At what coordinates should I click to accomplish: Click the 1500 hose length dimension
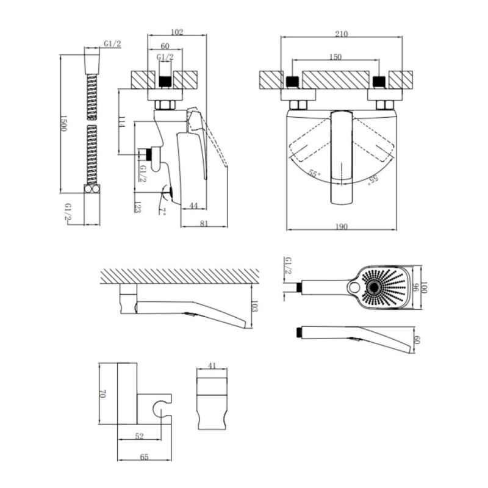[x=63, y=123]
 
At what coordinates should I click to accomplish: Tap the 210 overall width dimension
[x=342, y=34]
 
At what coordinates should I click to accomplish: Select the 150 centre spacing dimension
[x=335, y=57]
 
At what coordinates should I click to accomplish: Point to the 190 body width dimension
[x=342, y=226]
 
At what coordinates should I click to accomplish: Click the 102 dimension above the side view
[x=177, y=32]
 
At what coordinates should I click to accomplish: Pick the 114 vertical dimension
[x=122, y=121]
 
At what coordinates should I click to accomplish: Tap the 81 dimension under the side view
[x=204, y=223]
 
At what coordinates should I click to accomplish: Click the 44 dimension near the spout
[x=193, y=206]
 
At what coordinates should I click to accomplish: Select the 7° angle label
[x=162, y=212]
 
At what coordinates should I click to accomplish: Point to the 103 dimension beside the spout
[x=254, y=306]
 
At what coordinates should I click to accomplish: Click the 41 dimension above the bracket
[x=212, y=365]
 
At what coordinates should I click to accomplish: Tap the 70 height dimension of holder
[x=102, y=393]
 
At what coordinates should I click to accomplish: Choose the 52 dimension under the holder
[x=140, y=436]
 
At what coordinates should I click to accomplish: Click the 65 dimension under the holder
[x=144, y=457]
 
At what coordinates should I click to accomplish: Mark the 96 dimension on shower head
[x=414, y=287]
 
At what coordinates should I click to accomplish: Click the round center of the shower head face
[x=374, y=288]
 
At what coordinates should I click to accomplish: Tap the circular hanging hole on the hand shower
[x=354, y=287]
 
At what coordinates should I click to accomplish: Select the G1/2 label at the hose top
[x=112, y=43]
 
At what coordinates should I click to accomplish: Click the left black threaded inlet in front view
[x=292, y=82]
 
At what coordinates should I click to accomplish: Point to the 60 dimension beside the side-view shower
[x=417, y=340]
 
